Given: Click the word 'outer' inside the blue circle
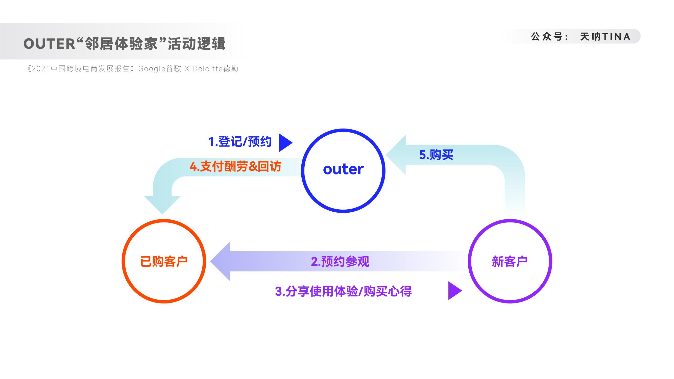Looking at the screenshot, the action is coord(343,169).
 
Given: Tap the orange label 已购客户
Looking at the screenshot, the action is coord(164,261).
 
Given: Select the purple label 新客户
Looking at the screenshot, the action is coord(510,261).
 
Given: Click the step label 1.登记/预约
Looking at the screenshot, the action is coord(240,142).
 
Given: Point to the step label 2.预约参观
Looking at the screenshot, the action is coord(340,261).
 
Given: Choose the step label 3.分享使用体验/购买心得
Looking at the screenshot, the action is coord(343,291).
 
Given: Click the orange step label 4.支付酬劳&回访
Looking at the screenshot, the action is coord(235,166).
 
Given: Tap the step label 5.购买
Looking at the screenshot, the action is coord(436,155).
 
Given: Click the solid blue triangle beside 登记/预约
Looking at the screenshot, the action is coord(286,143).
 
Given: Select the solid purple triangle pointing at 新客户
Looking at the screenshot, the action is coord(455,291).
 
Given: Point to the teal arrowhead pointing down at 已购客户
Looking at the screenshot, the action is coord(162,205).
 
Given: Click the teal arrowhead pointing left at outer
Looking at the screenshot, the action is coord(396,155).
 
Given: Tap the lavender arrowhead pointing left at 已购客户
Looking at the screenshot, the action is coord(220,261).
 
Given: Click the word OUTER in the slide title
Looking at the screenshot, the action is coord(50,44).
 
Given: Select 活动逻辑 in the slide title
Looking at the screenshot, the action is coord(197,44).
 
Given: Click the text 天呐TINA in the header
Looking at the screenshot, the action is coord(605,37).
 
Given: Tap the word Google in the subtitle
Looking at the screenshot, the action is coord(152,69).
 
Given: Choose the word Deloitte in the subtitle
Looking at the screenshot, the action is coord(207,68).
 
